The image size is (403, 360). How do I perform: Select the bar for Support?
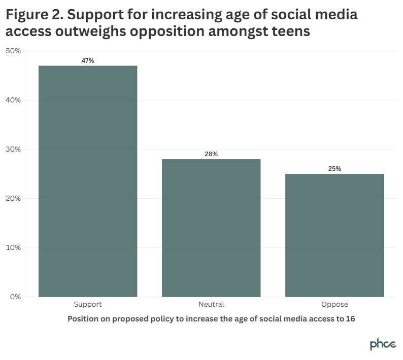[88, 181]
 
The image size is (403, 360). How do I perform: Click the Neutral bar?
[211, 228]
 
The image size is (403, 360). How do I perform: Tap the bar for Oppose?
[334, 235]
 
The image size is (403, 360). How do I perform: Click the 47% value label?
[88, 61]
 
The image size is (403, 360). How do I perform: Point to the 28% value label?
[211, 154]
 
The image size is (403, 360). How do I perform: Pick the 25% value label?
[334, 169]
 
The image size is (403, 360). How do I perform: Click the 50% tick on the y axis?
[13, 51]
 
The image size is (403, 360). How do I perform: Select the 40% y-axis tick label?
[13, 100]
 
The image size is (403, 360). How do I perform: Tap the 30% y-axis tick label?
[13, 149]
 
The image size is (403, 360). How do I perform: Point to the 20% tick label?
[13, 198]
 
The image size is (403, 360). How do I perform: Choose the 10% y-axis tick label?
[13, 247]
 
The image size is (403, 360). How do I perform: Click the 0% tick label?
[15, 297]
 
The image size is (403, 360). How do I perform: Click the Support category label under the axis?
[88, 305]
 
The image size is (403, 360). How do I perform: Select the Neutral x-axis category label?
[211, 305]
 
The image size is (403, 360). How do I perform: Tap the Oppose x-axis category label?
[334, 305]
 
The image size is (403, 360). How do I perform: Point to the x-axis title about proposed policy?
[211, 319]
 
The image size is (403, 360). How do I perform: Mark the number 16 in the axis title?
[350, 319]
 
